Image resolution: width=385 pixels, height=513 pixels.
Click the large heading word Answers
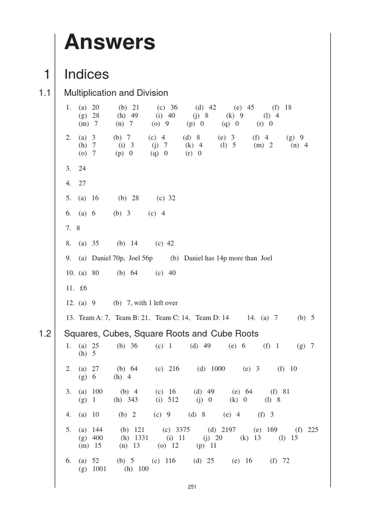(110, 43)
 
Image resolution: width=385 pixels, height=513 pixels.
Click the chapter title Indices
(87, 74)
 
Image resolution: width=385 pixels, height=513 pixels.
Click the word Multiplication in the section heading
(89, 93)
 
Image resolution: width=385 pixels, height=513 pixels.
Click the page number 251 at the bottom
(191, 486)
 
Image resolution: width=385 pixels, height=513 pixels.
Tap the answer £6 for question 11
(83, 288)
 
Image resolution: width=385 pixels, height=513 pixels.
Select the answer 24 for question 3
(82, 168)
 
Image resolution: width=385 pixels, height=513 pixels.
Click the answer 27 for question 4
(82, 183)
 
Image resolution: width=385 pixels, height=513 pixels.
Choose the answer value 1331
(142, 437)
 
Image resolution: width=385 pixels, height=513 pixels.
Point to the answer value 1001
(99, 469)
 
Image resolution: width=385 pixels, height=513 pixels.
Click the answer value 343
(132, 399)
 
